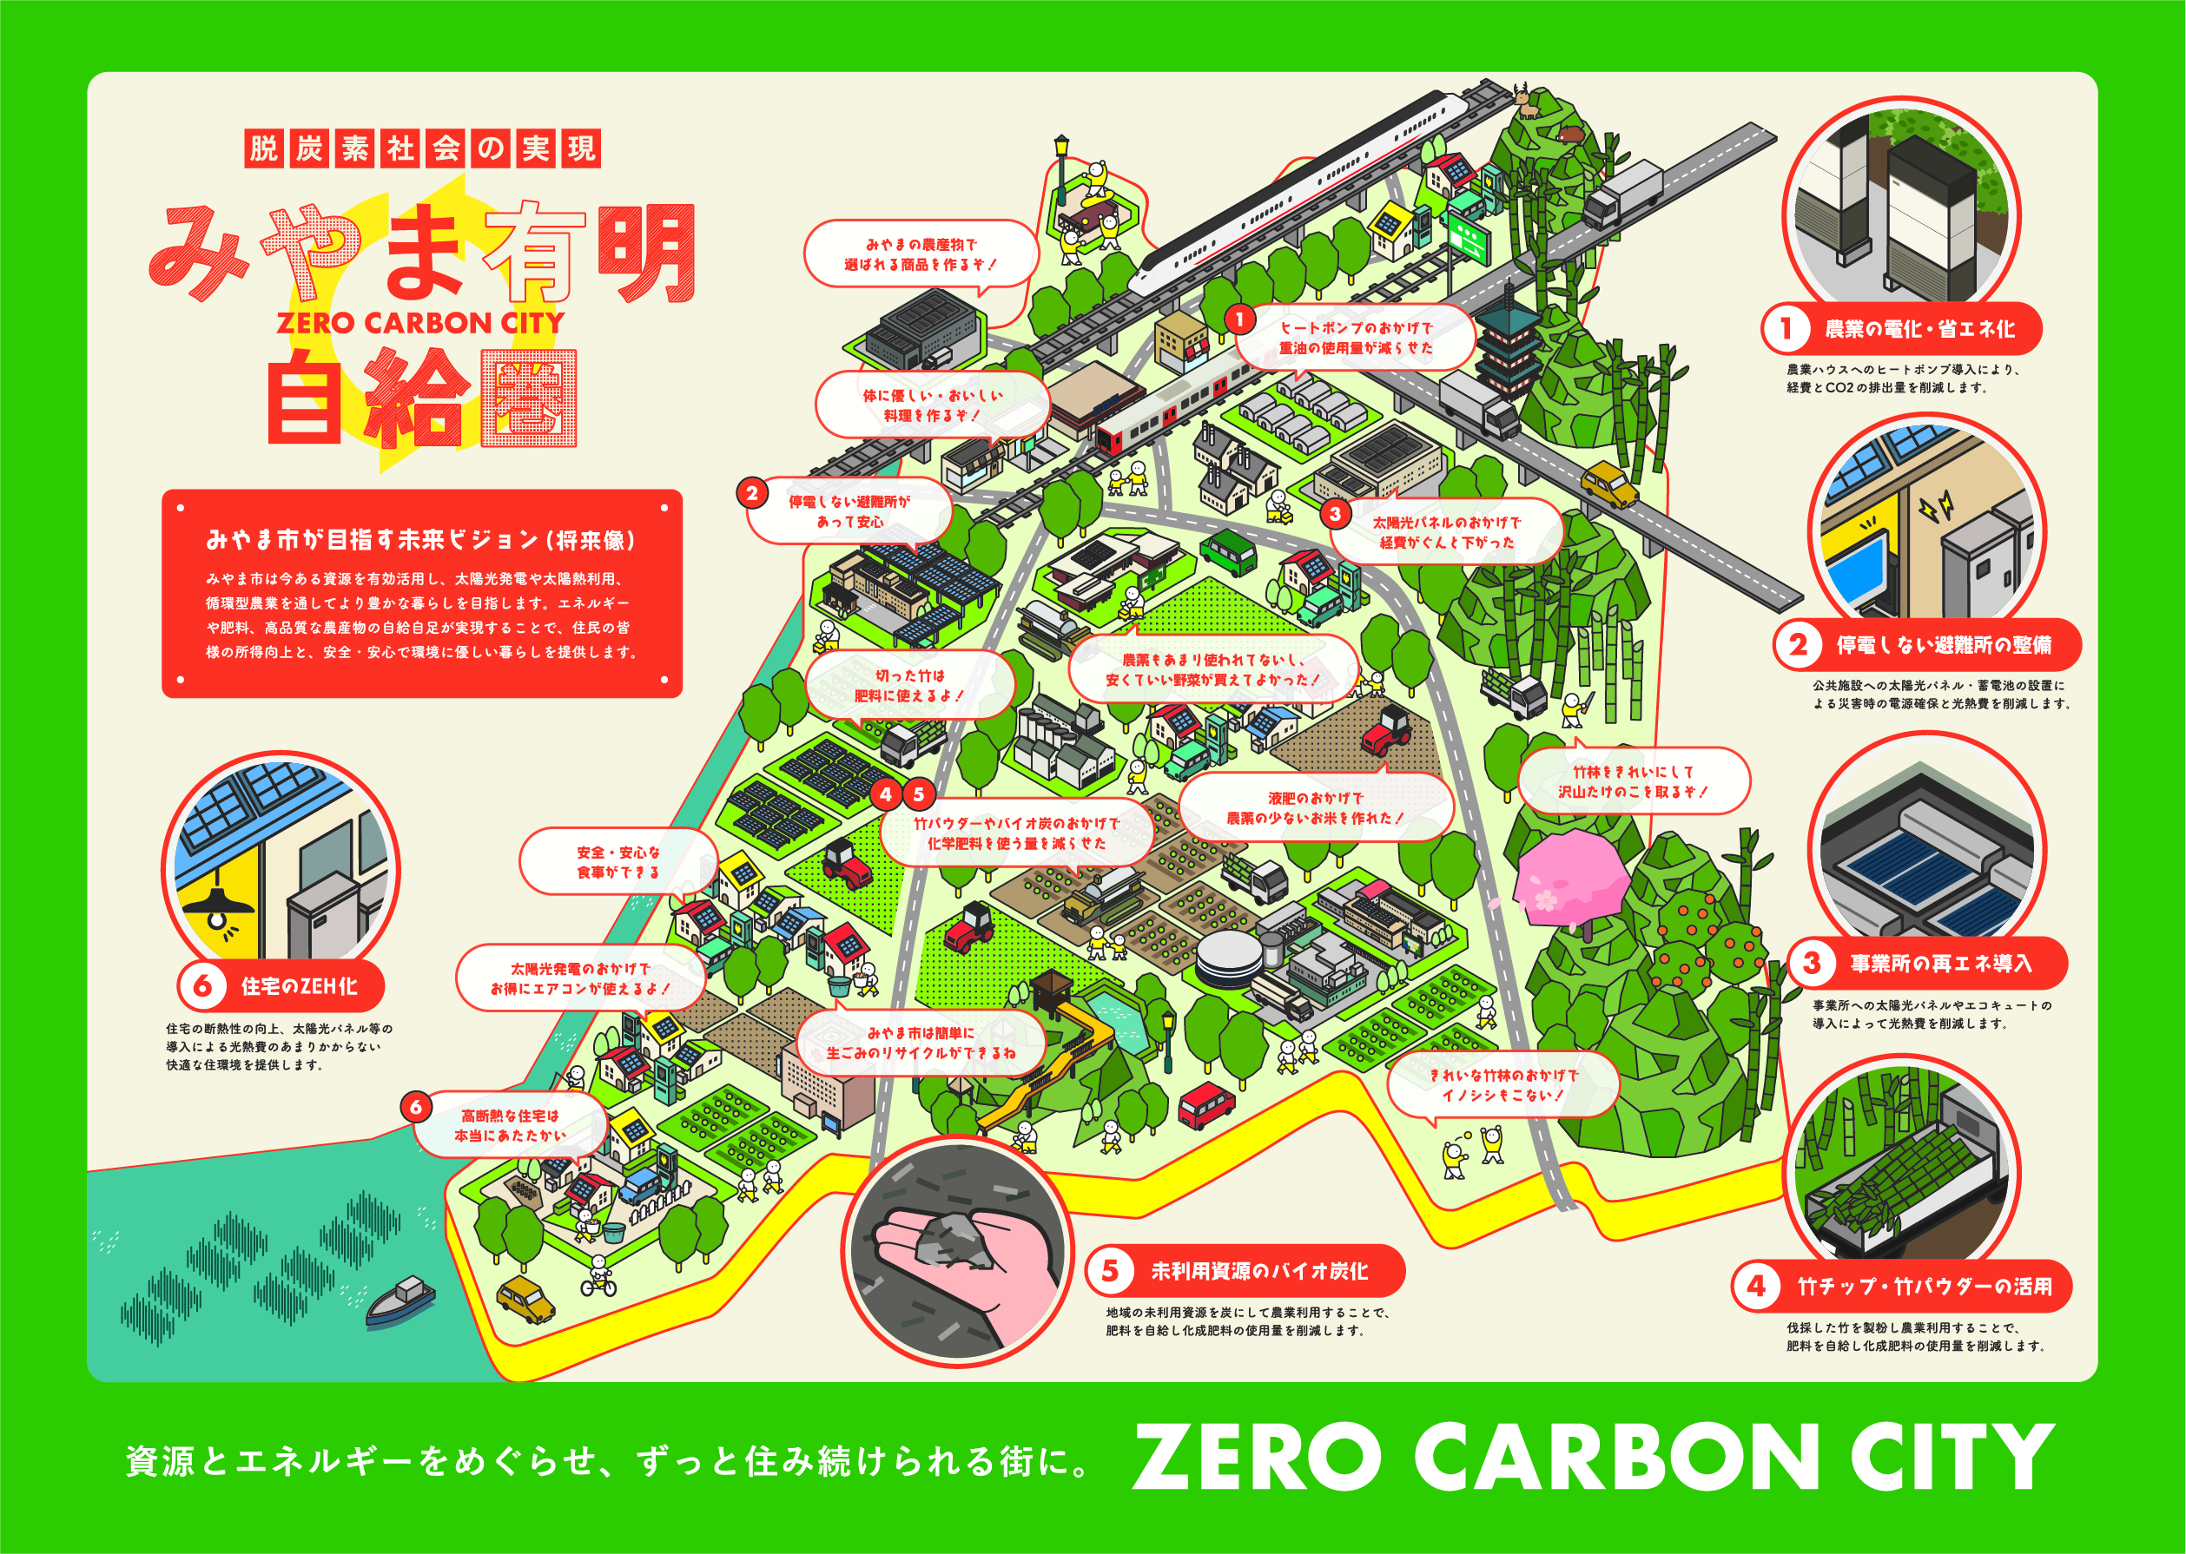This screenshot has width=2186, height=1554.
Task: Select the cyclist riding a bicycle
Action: click(599, 1276)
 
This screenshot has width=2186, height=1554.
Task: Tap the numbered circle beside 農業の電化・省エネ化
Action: click(1786, 329)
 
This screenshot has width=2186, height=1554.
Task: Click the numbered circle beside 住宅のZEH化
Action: click(203, 985)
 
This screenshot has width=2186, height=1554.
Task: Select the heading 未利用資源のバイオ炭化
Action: click(1258, 1271)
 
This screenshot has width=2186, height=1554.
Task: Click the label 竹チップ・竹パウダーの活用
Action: click(1924, 1286)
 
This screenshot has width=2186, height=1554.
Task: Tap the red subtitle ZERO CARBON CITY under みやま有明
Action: click(421, 324)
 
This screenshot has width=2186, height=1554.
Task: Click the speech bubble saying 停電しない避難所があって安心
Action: click(849, 512)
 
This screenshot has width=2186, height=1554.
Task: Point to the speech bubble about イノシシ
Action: click(1502, 1085)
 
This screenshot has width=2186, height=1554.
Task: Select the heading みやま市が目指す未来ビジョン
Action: click(421, 541)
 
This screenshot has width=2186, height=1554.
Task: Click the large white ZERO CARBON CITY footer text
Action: click(1594, 1458)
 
